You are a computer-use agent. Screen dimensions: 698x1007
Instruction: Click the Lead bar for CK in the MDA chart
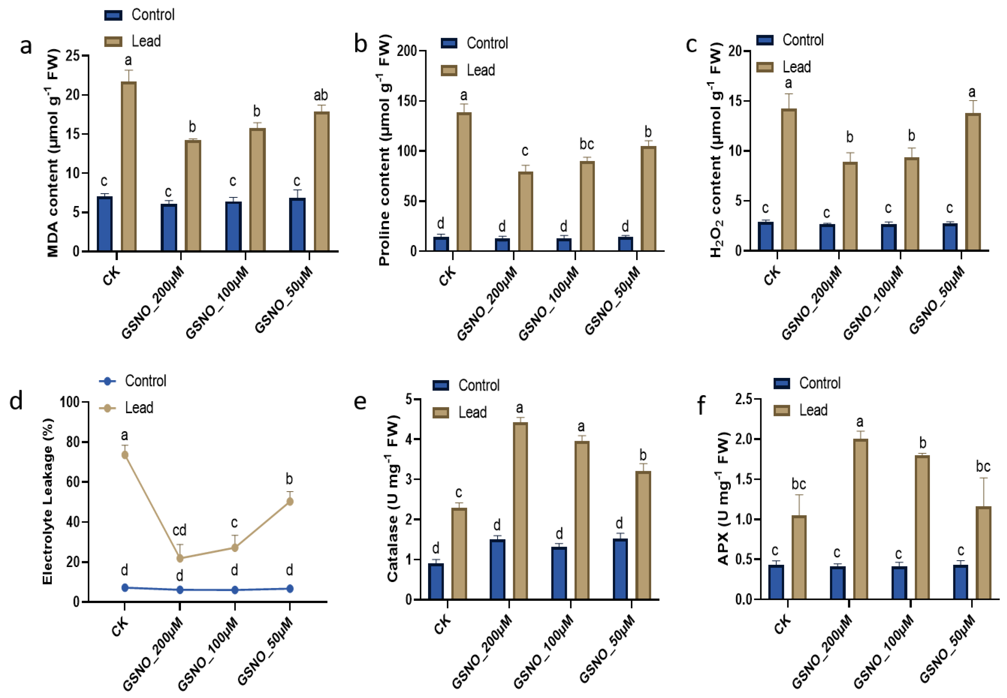[129, 166]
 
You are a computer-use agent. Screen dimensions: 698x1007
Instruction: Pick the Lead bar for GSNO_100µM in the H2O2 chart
[912, 204]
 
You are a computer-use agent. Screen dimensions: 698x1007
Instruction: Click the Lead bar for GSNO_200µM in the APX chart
[860, 519]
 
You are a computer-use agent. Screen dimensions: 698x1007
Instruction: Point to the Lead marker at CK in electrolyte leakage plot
[125, 455]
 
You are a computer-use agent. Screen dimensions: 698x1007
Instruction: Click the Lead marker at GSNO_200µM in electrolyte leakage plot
[179, 558]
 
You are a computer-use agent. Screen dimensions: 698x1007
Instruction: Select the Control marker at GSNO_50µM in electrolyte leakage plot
[289, 589]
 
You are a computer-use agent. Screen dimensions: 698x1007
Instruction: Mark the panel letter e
[360, 402]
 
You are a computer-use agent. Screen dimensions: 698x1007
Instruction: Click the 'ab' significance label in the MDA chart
[321, 95]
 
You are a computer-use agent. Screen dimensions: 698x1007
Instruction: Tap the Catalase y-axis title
[393, 499]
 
